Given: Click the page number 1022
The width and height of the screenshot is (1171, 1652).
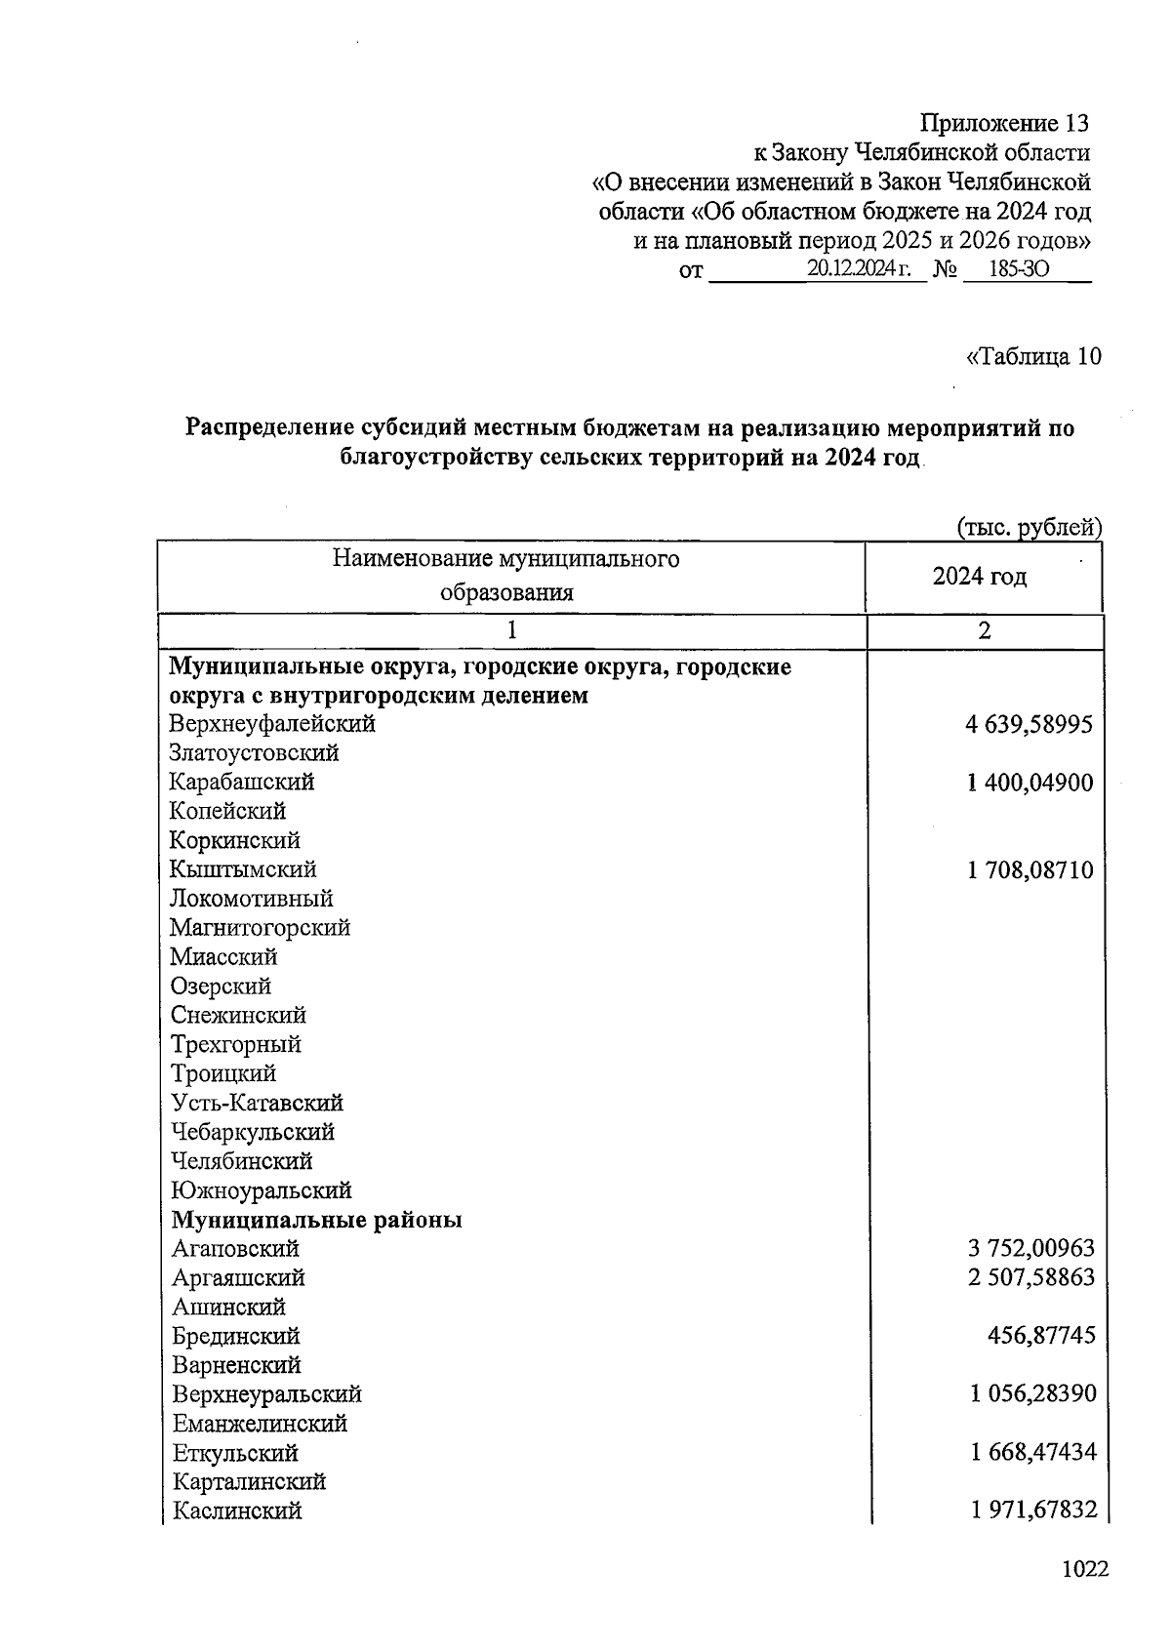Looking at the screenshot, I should [1085, 1569].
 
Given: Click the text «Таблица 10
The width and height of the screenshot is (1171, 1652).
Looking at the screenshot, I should [1033, 357].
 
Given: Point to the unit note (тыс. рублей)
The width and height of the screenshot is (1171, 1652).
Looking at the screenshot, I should [1029, 528].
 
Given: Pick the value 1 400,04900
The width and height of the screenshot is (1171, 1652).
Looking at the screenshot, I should [1030, 783].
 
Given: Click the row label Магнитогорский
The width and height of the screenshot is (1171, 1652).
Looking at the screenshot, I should [260, 928].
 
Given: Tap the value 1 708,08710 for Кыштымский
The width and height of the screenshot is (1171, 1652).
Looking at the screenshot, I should [1030, 869].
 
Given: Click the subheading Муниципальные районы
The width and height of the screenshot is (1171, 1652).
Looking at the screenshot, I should [316, 1220].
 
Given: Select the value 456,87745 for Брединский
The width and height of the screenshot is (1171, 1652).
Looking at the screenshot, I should [1041, 1336].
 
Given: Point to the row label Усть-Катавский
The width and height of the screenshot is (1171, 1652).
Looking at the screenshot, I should [257, 1104].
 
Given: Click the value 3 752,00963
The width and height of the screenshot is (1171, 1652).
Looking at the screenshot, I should [1031, 1248].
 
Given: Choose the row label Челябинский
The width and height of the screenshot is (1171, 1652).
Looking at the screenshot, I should [242, 1161].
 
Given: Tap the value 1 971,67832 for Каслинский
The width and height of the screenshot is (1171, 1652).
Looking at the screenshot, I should [1033, 1511].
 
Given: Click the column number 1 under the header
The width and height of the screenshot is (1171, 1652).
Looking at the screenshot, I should [510, 631].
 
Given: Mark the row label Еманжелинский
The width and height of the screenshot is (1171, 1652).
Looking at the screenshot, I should [260, 1424].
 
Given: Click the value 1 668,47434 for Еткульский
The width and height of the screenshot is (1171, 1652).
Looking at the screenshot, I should [1033, 1453].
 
